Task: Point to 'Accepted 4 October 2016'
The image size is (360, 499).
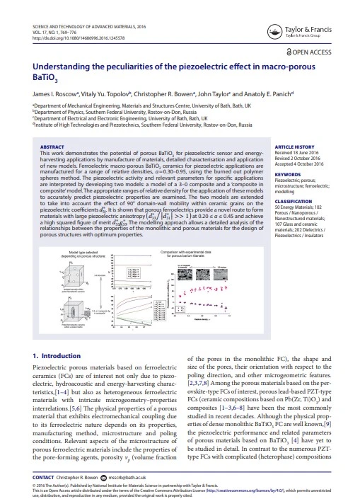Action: pyautogui.click(x=302, y=164)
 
